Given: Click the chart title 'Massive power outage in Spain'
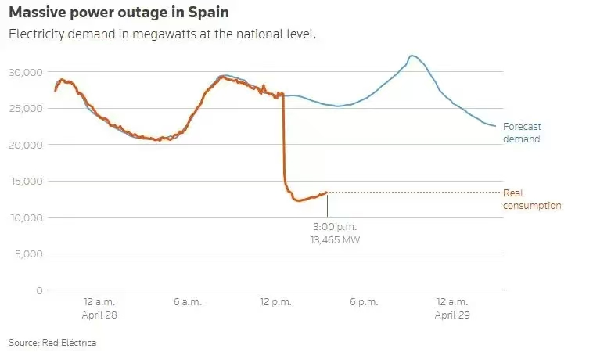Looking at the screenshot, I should [x=119, y=14].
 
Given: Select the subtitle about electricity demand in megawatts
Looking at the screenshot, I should [x=162, y=35].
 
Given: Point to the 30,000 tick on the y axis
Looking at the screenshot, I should [x=25, y=72].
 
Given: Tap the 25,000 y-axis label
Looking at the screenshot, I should [x=25, y=108].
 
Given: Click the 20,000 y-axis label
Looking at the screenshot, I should [x=25, y=145].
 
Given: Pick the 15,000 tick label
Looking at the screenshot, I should [x=25, y=181].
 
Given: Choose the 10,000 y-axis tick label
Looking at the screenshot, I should [x=25, y=218].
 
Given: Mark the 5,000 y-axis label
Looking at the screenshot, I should [x=28, y=254].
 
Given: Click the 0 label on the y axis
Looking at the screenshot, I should [x=39, y=290].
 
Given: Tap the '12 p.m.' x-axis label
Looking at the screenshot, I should [x=275, y=302].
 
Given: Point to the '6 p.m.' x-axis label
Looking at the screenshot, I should [x=364, y=302].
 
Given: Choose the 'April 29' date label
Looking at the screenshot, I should [x=451, y=315].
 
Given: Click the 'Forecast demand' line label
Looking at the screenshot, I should [x=522, y=132].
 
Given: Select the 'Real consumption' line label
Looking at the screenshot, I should [x=532, y=199].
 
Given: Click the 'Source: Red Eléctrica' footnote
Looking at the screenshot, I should [x=52, y=343].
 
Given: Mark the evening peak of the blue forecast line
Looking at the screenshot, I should [x=412, y=56].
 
